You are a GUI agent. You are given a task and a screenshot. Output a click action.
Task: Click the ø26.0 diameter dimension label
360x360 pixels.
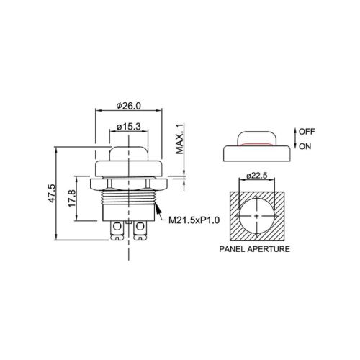[129, 106]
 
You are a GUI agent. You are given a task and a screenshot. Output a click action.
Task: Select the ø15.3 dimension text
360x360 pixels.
[129, 127]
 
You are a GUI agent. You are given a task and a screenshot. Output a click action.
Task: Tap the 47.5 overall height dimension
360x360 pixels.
[52, 194]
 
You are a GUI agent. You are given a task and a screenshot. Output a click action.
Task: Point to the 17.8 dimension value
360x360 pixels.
[72, 198]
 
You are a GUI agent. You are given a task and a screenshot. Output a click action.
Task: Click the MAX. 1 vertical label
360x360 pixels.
[179, 138]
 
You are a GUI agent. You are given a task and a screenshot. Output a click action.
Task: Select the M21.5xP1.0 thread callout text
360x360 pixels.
[194, 220]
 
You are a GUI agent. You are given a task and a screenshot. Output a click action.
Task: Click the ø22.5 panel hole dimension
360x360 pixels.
[257, 176]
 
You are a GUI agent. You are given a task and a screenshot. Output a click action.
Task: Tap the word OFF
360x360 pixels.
[307, 132]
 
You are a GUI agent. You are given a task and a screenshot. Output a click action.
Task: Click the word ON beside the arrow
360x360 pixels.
[305, 146]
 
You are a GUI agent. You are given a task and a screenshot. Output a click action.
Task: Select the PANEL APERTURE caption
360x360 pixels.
[255, 249]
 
